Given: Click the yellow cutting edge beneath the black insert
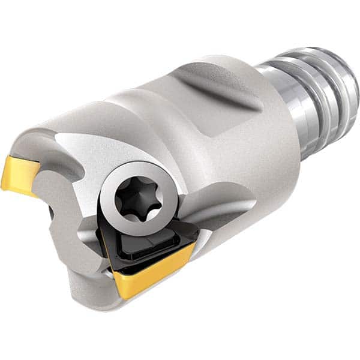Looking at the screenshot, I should click(x=153, y=264).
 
